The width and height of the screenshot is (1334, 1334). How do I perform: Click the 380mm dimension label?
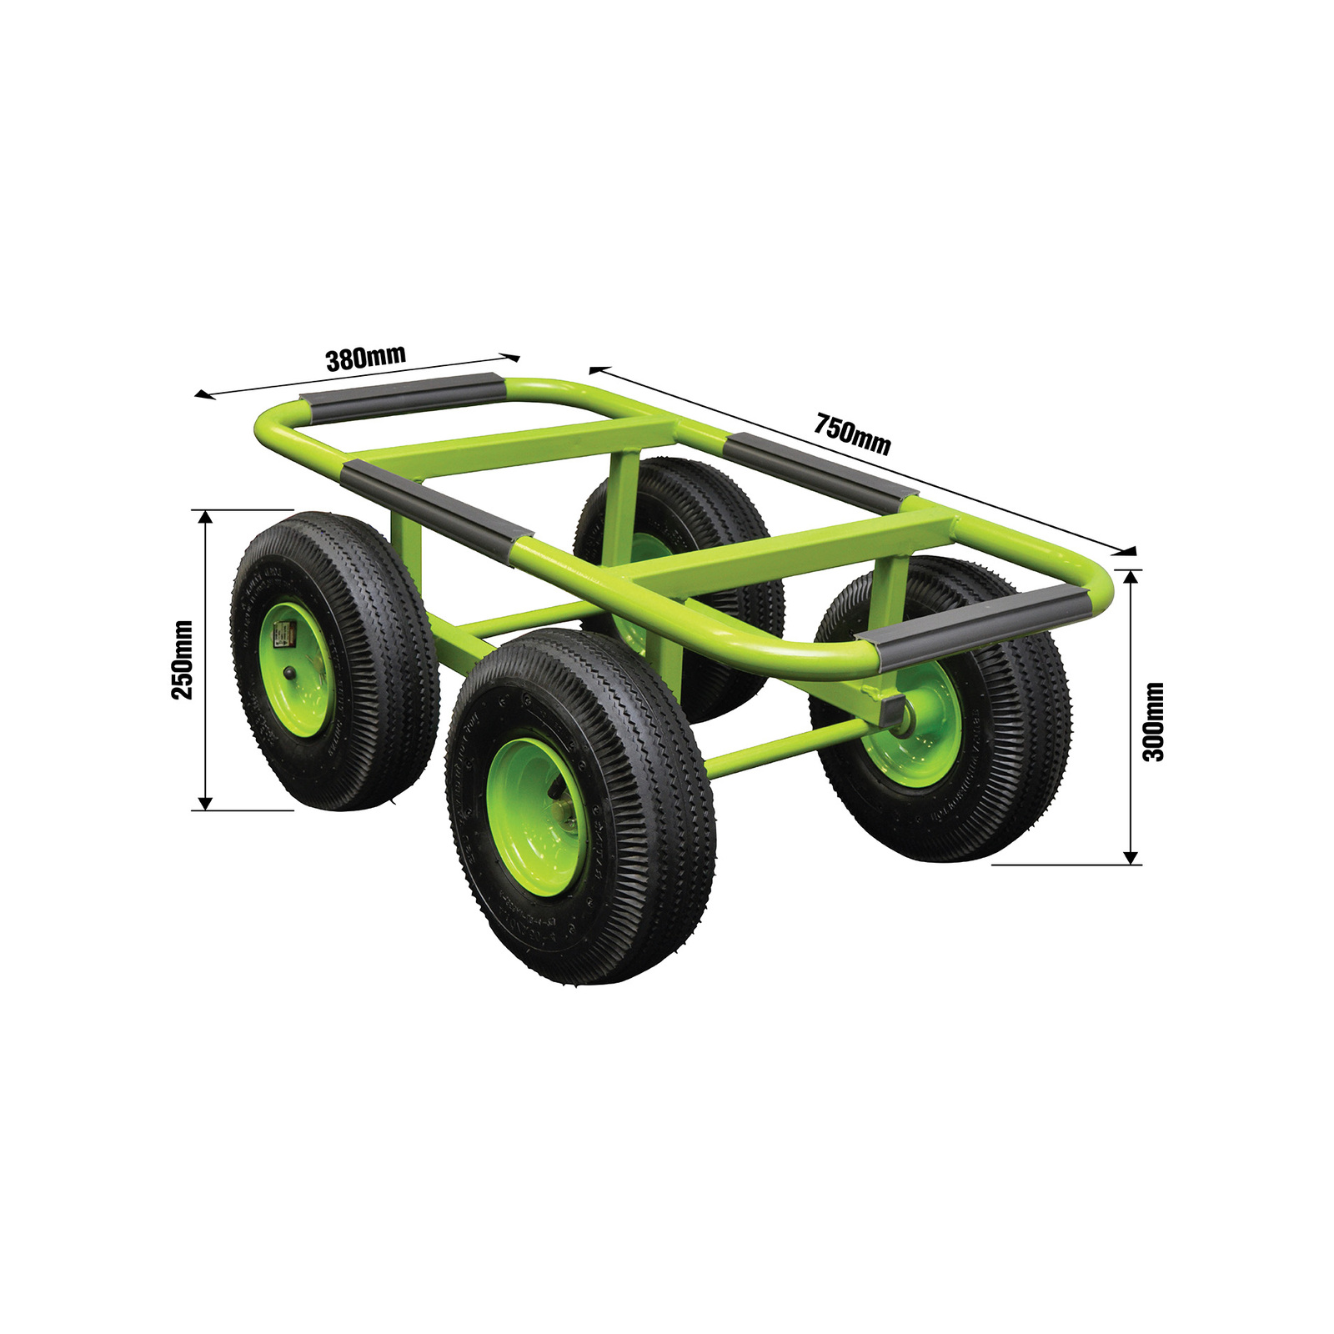365,358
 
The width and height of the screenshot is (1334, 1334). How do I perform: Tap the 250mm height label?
183,659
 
